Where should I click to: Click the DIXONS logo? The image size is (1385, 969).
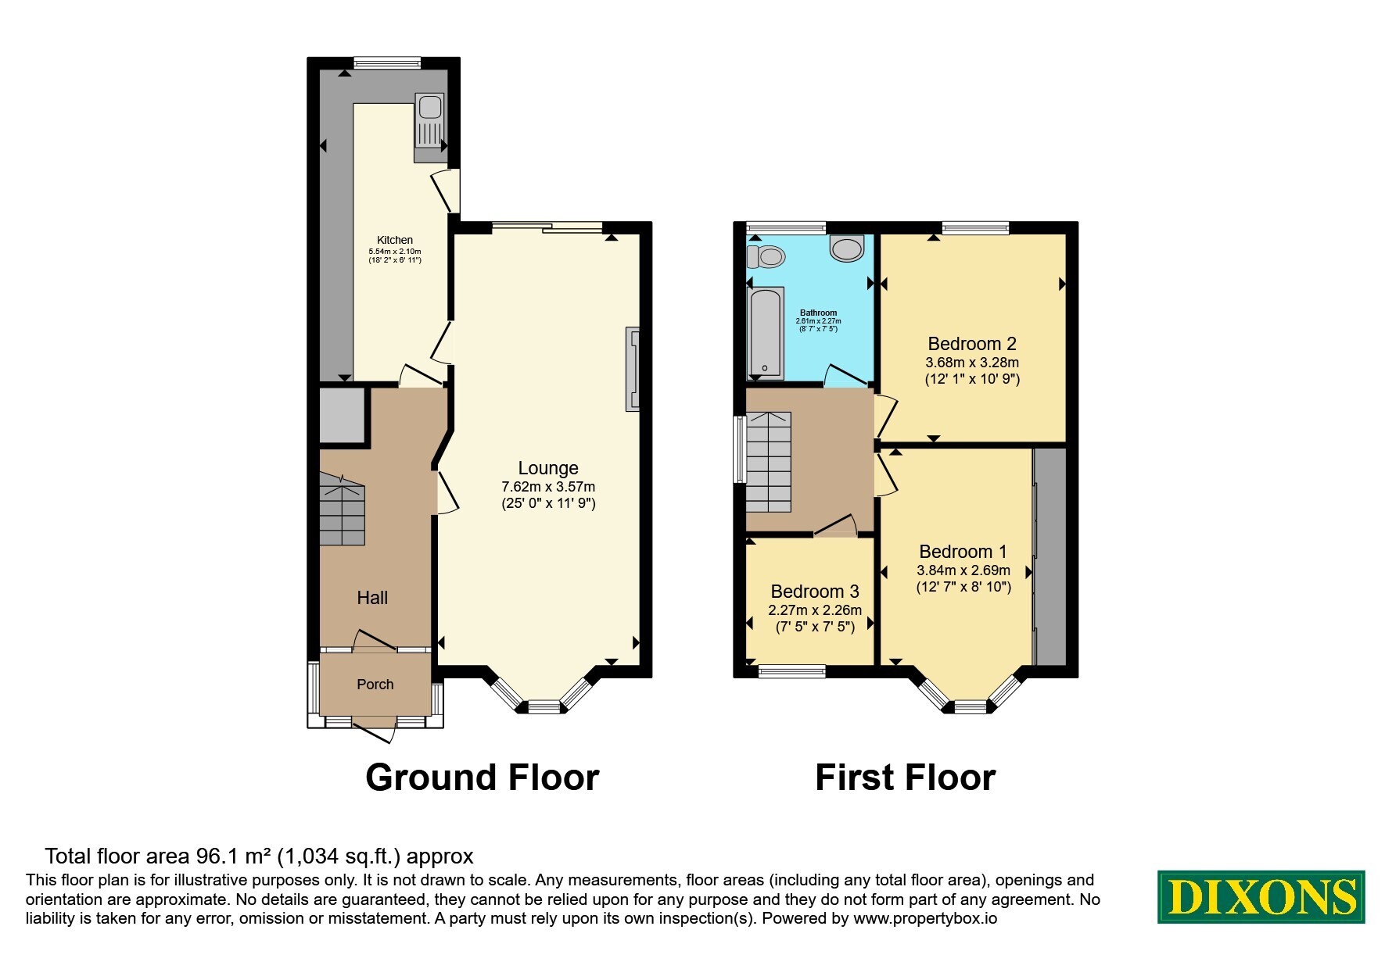tap(1261, 896)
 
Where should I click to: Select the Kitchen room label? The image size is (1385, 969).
tap(395, 240)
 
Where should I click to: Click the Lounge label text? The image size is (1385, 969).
tap(548, 468)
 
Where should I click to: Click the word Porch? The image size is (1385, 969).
tap(375, 685)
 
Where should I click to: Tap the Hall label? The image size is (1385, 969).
tap(372, 598)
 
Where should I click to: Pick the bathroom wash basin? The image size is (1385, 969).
tap(847, 248)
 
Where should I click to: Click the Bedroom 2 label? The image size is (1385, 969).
tap(972, 343)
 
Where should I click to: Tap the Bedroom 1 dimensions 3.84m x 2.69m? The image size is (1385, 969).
tap(963, 570)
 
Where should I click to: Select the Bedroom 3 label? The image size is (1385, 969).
tap(815, 592)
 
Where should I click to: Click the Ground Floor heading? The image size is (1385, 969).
tap(483, 778)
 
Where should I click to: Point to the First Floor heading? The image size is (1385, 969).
tap(906, 778)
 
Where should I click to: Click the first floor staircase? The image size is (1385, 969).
tap(769, 462)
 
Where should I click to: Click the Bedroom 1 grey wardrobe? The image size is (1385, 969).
tap(1050, 556)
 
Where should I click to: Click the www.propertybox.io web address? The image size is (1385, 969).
tap(925, 919)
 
